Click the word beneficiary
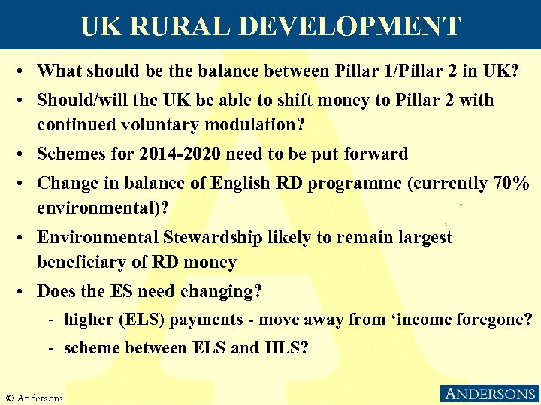pos(82,262)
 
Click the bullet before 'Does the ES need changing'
pos(25,292)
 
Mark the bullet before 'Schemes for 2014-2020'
pos(25,155)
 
